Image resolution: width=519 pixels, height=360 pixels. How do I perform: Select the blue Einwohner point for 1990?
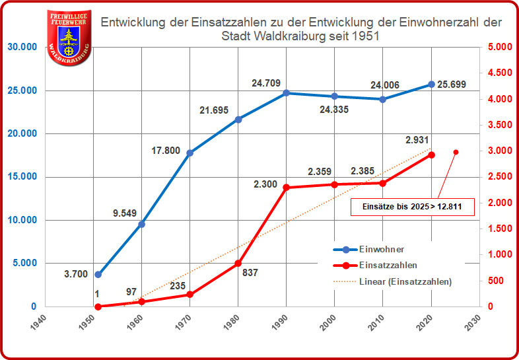coord(286,93)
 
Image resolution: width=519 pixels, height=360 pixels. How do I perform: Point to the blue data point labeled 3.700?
coord(98,274)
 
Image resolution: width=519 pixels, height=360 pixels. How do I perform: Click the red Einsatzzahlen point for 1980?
coord(238,263)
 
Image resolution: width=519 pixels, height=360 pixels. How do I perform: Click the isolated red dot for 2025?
coord(456,153)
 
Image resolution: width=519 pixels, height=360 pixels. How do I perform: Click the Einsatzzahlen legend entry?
coord(388,265)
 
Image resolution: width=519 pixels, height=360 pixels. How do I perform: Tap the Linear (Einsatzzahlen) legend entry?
coord(405,281)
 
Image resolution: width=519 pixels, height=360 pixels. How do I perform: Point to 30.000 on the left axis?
coord(22,47)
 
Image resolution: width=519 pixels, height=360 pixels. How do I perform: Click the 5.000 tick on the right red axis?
coord(497,47)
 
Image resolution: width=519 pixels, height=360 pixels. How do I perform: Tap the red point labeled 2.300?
coord(286,188)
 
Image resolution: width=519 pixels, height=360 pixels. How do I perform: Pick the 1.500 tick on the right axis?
coord(497,229)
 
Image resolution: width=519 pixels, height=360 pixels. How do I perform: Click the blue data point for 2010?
coord(382,99)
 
